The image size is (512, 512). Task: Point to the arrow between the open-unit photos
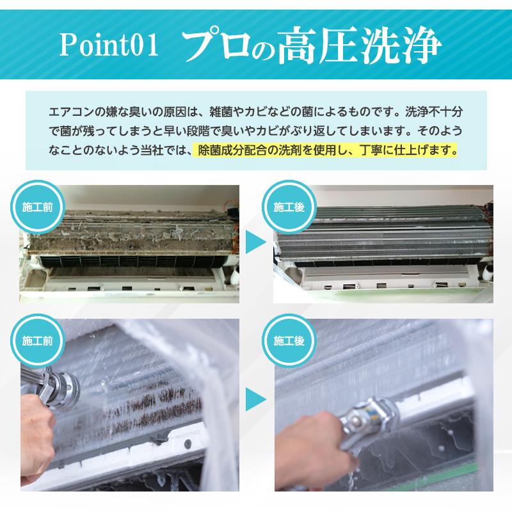256,243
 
